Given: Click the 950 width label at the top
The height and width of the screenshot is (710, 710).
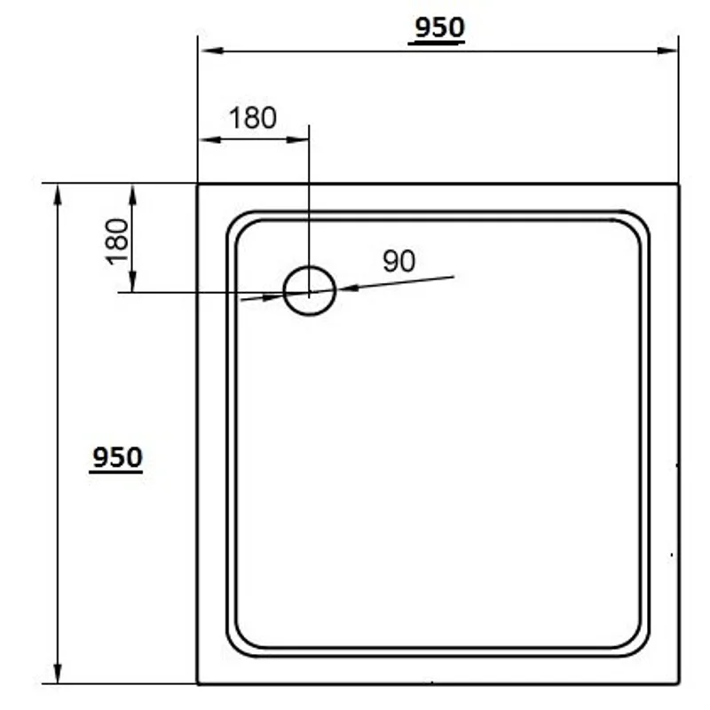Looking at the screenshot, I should click(438, 29).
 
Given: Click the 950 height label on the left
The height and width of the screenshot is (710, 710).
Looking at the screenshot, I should click(116, 458).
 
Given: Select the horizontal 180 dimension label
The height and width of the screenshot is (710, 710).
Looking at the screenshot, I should click(253, 118).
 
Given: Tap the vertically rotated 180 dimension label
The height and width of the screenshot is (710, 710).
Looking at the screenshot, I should click(117, 240).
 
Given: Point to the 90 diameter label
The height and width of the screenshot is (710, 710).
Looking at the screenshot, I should click(398, 261).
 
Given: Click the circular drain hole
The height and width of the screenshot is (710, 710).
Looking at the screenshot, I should click(309, 290).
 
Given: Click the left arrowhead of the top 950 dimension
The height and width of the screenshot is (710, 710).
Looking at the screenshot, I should click(207, 51).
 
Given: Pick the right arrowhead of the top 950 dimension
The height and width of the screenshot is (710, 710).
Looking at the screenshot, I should click(670, 51).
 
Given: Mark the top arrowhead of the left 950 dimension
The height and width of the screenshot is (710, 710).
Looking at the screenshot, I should click(59, 192).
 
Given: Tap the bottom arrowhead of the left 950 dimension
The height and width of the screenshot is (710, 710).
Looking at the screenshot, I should click(59, 674).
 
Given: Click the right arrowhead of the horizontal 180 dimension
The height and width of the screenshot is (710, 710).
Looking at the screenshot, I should click(301, 139).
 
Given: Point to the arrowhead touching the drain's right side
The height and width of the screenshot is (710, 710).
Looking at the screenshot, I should click(343, 288).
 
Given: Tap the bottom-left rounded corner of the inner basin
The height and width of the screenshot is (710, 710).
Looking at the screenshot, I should click(244, 639).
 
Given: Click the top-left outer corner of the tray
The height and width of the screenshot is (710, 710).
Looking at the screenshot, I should click(198, 185).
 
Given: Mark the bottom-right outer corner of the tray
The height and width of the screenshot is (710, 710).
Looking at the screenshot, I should click(678, 683).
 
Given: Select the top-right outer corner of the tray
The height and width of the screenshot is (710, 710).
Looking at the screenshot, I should click(678, 185).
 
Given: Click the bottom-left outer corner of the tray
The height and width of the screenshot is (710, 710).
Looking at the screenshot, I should click(198, 683).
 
